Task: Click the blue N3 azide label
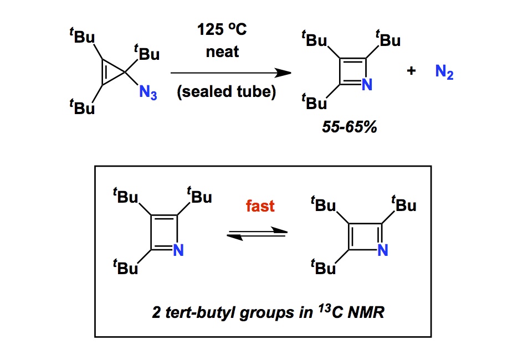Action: (x=148, y=94)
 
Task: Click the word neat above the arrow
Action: (x=222, y=52)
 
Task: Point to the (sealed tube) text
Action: (x=226, y=92)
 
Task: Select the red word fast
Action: (x=260, y=206)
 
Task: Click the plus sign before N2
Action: (x=411, y=71)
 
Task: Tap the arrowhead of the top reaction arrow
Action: (x=284, y=73)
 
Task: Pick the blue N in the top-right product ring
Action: (x=365, y=85)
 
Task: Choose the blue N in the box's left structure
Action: (x=178, y=250)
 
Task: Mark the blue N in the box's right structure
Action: (x=383, y=250)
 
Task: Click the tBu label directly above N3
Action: (x=147, y=53)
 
